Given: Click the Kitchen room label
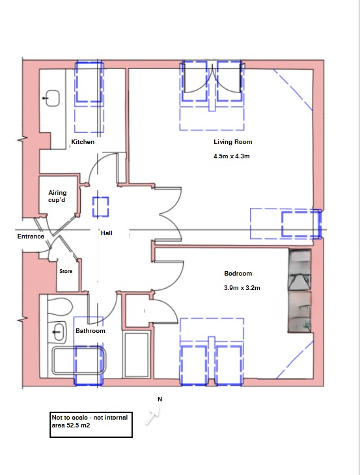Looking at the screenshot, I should click(x=83, y=142).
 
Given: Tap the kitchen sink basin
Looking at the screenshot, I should click(x=51, y=99).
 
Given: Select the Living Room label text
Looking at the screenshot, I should click(x=232, y=142).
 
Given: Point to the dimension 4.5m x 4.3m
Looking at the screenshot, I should click(x=232, y=156).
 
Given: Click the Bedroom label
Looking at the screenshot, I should click(x=238, y=274).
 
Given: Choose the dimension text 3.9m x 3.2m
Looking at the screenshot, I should click(x=242, y=288).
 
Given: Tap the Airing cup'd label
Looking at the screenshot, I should click(x=57, y=197).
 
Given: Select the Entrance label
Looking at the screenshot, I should click(x=31, y=237).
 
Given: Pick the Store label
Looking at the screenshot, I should click(x=66, y=271).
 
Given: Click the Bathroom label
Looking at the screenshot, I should click(x=90, y=331).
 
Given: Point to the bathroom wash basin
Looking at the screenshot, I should click(x=59, y=332).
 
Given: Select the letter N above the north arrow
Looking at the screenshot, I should click(x=159, y=398).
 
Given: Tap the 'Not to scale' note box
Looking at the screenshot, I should click(x=91, y=424).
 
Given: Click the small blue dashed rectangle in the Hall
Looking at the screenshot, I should click(x=101, y=207).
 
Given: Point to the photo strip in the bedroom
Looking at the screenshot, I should click(x=300, y=292).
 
